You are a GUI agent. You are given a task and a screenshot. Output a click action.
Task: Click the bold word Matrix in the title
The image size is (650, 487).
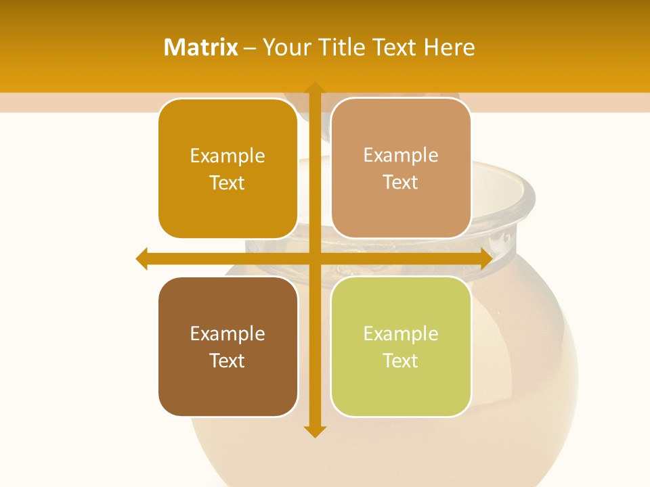201,47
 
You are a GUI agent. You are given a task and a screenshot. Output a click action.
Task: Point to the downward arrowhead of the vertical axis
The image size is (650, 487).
314,431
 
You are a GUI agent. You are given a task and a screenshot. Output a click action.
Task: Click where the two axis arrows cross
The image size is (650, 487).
314,258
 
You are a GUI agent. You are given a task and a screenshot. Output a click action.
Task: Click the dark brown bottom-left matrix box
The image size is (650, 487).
227,392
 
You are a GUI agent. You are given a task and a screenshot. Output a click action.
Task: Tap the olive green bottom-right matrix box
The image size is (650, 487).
401,392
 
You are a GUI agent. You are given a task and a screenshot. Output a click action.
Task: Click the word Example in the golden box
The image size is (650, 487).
227,156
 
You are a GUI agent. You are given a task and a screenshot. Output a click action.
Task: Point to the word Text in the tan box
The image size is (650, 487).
401,183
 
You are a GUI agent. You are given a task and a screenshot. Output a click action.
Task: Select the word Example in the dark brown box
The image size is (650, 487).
227,333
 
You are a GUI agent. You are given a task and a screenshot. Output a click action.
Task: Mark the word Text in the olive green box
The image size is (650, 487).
401,361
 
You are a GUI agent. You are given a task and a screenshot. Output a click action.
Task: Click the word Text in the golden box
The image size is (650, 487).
227,183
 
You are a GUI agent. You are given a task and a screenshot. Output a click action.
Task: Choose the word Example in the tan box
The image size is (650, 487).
401,156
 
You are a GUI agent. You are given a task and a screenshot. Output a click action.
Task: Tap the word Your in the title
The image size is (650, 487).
284,47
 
